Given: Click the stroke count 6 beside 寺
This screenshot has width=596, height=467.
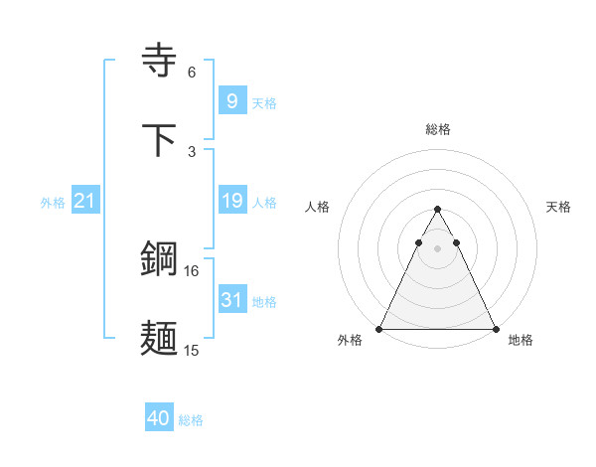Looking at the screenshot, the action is pyautogui.click(x=192, y=73).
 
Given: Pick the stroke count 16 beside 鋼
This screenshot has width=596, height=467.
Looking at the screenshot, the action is pyautogui.click(x=192, y=270).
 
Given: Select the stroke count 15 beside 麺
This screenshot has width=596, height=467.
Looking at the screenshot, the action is pyautogui.click(x=192, y=350).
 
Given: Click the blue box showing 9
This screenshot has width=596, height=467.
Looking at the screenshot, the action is pyautogui.click(x=231, y=100).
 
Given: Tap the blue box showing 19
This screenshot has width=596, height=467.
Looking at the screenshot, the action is pyautogui.click(x=231, y=201).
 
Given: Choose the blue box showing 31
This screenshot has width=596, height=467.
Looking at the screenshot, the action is pyautogui.click(x=231, y=299).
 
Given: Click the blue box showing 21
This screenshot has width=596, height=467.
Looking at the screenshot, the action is pyautogui.click(x=85, y=201).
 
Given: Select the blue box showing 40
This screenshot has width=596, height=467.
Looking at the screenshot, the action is pyautogui.click(x=158, y=418).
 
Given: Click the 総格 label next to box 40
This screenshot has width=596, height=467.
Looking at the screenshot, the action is pyautogui.click(x=191, y=420).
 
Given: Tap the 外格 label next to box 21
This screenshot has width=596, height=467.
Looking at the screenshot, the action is pyautogui.click(x=53, y=203).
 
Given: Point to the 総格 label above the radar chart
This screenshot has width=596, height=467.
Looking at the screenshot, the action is pyautogui.click(x=438, y=129).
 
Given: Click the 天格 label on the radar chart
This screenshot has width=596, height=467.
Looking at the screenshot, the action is pyautogui.click(x=559, y=207).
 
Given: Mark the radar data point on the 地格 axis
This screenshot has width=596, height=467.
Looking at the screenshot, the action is pyautogui.click(x=496, y=328).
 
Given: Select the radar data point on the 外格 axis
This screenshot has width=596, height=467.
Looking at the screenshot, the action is pyautogui.click(x=379, y=328).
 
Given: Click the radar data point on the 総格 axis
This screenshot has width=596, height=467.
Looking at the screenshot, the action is pyautogui.click(x=438, y=210).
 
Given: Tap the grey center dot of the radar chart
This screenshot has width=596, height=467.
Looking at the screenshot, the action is pyautogui.click(x=438, y=248).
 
